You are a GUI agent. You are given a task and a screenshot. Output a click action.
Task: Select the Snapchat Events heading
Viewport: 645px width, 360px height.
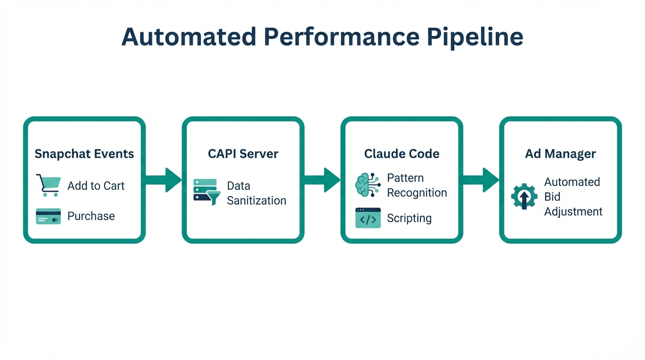click(84, 154)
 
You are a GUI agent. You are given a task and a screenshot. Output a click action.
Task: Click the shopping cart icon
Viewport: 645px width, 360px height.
click(48, 185)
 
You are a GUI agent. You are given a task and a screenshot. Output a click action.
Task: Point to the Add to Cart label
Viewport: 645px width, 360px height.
click(96, 186)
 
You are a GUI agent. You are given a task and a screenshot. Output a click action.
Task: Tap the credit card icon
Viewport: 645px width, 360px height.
click(48, 216)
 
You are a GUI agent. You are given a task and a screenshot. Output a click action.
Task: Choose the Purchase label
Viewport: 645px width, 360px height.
click(91, 216)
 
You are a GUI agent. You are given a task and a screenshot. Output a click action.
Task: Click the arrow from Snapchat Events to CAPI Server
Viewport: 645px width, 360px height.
click(164, 180)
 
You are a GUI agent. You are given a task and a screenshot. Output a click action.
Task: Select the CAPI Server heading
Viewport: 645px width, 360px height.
click(243, 154)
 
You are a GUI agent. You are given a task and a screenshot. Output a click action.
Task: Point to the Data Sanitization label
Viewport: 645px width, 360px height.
click(256, 193)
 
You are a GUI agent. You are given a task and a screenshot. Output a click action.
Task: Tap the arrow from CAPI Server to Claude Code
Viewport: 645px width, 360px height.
click(322, 180)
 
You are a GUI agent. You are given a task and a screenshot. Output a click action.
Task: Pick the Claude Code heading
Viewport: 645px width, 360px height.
click(402, 154)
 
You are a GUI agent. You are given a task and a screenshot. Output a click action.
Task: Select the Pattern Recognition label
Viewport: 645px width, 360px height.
click(417, 185)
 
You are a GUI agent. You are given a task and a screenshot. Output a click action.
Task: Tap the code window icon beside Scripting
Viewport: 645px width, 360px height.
click(368, 218)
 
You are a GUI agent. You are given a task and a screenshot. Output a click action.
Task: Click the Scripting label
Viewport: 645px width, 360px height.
click(409, 218)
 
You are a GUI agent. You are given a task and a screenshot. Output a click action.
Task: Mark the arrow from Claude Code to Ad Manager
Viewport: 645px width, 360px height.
click(481, 180)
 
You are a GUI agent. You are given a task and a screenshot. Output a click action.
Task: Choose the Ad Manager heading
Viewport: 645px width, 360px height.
click(560, 154)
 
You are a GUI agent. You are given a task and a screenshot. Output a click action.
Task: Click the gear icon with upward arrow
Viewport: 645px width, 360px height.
click(525, 196)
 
